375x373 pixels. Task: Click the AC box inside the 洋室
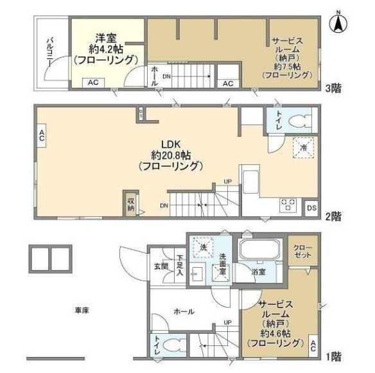93,82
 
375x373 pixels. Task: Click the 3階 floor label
333,89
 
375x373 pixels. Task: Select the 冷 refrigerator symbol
302,148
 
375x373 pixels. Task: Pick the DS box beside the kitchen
311,207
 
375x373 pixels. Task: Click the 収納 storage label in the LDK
131,204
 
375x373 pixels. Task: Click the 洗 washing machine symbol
202,247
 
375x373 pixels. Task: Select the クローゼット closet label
302,251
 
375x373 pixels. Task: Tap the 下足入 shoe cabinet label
180,266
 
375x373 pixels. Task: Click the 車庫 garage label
81,311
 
